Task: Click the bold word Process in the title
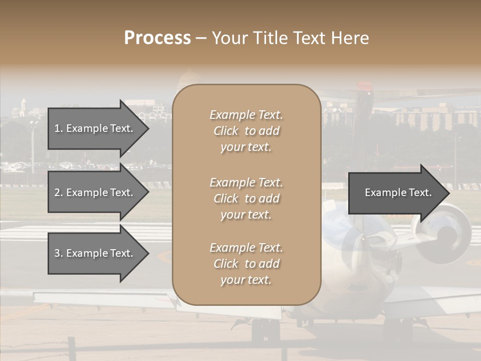[157, 38]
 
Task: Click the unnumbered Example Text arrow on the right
[398, 193]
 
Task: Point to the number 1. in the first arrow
[59, 128]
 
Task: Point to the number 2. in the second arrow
[59, 193]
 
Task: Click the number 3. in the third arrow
[59, 253]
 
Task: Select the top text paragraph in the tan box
[246, 131]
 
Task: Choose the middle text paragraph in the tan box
[246, 199]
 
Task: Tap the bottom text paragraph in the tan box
[246, 264]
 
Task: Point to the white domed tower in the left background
[23, 107]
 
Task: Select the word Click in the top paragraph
[226, 131]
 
